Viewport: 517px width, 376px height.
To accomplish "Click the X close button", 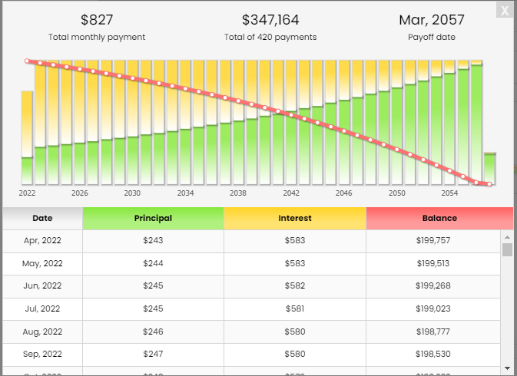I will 504,10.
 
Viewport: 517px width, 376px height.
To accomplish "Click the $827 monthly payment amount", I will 97,20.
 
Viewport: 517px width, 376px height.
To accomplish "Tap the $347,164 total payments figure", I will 270,20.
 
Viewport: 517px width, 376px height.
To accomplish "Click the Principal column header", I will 153,218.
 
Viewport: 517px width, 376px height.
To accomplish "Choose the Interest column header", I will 295,218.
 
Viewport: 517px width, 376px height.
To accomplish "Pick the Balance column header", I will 439,218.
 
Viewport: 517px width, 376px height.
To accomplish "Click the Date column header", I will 42,218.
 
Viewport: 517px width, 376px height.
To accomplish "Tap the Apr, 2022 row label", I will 42,240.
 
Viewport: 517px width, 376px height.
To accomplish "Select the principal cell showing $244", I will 153,263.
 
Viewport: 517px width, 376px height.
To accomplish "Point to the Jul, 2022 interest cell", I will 295,308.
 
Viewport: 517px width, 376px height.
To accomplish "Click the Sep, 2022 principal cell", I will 153,354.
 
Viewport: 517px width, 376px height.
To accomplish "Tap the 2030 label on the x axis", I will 132,193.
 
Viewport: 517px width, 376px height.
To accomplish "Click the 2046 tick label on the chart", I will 343,193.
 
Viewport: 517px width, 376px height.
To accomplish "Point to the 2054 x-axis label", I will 449,193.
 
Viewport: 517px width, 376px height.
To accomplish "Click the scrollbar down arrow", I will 507,368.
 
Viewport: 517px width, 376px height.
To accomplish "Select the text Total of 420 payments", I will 270,37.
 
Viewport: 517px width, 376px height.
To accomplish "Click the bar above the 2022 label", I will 27,138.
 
